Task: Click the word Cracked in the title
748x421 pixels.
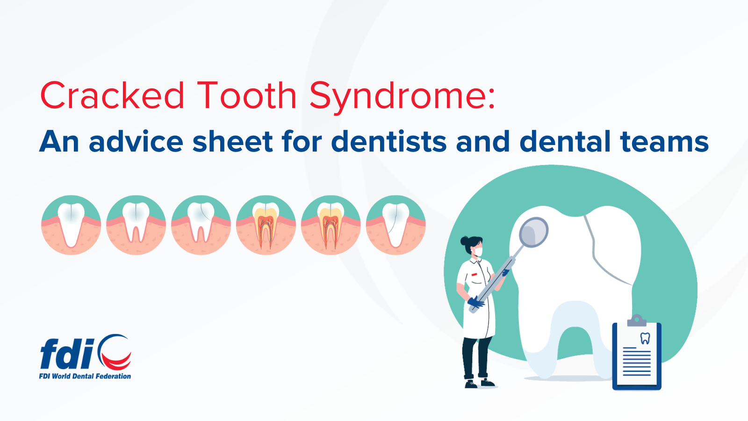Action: pyautogui.click(x=112, y=95)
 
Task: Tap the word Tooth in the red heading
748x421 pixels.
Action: pyautogui.click(x=247, y=95)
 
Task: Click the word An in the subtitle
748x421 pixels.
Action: pyautogui.click(x=59, y=142)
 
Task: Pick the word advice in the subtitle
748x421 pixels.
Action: pyautogui.click(x=136, y=141)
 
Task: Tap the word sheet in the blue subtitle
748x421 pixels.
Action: pyautogui.click(x=233, y=141)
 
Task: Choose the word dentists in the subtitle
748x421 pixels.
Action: pyautogui.click(x=388, y=141)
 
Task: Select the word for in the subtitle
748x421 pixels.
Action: pyautogui.click(x=302, y=141)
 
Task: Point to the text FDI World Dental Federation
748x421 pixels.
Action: pyautogui.click(x=85, y=376)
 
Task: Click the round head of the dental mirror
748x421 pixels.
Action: pyautogui.click(x=533, y=232)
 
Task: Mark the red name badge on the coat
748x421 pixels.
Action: pyautogui.click(x=474, y=274)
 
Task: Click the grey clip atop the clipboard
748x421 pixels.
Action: pyautogui.click(x=637, y=321)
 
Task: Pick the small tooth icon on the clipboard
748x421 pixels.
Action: pyautogui.click(x=645, y=339)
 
